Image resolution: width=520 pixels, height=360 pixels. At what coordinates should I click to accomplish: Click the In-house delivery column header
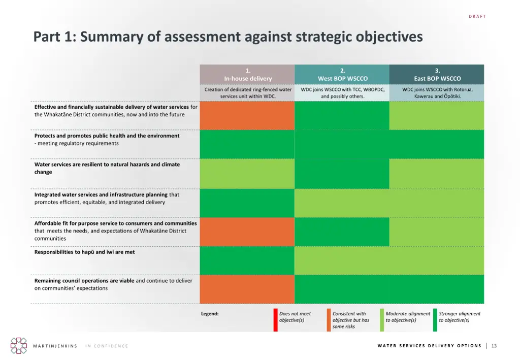[247, 75]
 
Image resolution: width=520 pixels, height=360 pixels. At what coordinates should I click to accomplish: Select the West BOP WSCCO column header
[342, 75]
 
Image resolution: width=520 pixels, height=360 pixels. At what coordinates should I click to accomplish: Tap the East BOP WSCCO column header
[437, 75]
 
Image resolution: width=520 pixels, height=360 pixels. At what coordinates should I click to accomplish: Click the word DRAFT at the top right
[477, 17]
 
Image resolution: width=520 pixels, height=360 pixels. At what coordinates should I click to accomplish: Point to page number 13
[494, 346]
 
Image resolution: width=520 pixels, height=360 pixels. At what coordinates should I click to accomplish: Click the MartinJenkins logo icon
[19, 345]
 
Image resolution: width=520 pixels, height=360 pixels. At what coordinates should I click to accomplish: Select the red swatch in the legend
[276, 320]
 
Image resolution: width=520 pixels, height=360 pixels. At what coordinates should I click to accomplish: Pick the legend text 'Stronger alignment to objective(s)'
[459, 317]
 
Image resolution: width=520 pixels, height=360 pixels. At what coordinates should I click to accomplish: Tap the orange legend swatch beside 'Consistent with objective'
[329, 320]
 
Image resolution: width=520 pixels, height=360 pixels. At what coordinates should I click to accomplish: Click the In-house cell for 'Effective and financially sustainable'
[247, 115]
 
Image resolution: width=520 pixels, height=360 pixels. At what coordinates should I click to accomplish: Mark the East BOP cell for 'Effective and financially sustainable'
[437, 115]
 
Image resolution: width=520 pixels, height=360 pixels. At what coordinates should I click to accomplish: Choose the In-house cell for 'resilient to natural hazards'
[247, 173]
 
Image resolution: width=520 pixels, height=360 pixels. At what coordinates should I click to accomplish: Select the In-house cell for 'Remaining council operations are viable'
[247, 289]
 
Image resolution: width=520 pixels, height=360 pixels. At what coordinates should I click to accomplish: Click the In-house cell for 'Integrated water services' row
[247, 203]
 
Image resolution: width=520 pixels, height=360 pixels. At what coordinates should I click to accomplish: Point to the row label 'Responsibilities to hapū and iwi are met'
[84, 252]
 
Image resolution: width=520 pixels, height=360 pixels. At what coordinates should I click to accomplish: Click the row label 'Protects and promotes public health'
[107, 136]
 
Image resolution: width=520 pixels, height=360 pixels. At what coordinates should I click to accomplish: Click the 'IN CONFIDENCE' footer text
[107, 346]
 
